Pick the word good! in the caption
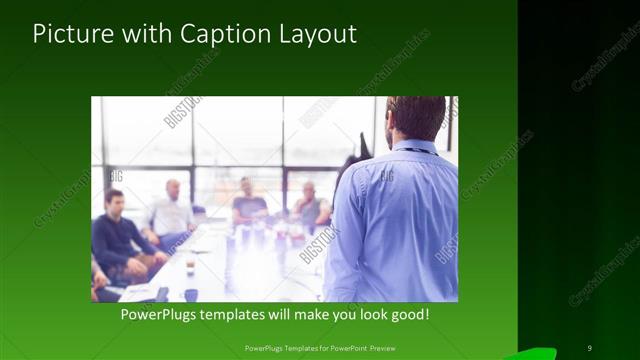click(x=409, y=314)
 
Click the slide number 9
click(x=589, y=347)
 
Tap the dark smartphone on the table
click(x=163, y=294)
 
